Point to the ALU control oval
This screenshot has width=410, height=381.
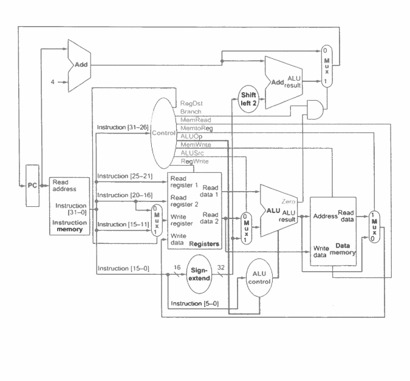[x=259, y=278]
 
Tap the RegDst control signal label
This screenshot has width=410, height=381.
[x=191, y=104]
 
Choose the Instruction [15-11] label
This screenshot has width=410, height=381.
[x=120, y=224]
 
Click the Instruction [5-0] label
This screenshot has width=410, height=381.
[x=192, y=303]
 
